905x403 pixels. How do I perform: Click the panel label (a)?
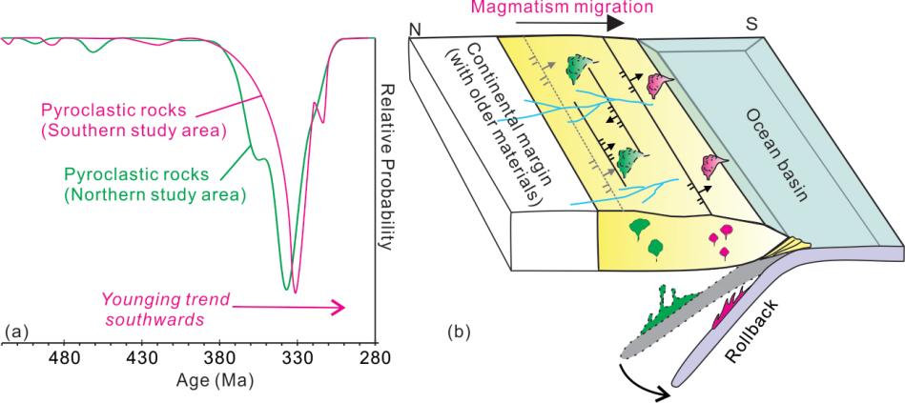(x=16, y=331)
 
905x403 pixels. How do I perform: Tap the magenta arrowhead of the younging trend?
(x=337, y=307)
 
